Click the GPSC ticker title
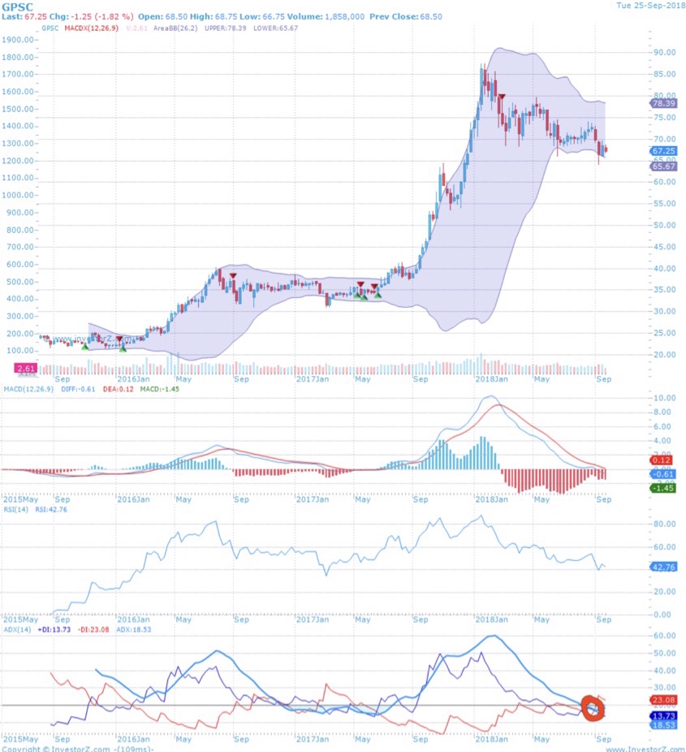click(16, 6)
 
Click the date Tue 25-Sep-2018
click(650, 6)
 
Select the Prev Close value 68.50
click(428, 16)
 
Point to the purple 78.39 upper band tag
click(663, 104)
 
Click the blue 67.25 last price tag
click(663, 151)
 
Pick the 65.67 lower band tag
click(663, 166)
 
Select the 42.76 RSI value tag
click(663, 567)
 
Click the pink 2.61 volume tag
click(25, 368)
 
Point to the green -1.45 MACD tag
click(663, 487)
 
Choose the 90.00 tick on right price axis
click(665, 53)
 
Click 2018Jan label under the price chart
click(491, 378)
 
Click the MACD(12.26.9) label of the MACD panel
click(27, 389)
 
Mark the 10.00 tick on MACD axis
click(665, 398)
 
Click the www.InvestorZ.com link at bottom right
click(644, 748)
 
